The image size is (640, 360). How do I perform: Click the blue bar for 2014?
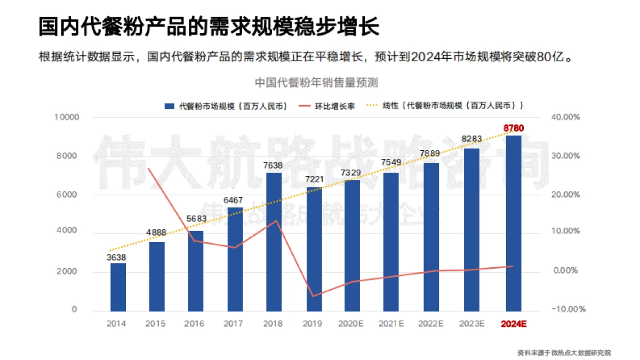(x=118, y=287)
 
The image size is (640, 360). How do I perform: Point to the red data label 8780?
(x=514, y=128)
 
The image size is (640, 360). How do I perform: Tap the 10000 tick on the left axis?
(x=67, y=117)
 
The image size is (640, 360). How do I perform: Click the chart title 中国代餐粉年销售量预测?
(x=316, y=83)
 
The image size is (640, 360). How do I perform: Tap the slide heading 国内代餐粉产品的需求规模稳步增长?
(x=209, y=27)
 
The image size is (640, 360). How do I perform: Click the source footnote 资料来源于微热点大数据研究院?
(x=564, y=353)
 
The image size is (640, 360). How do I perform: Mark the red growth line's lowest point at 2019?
(x=314, y=296)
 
